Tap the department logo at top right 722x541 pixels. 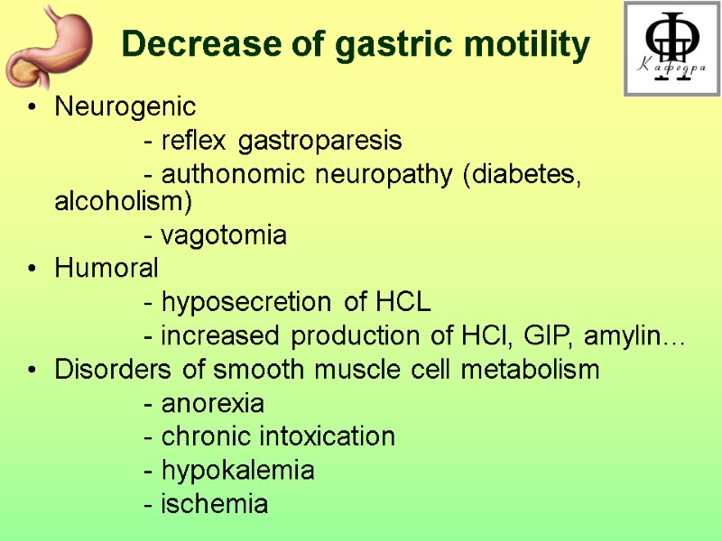coord(671,49)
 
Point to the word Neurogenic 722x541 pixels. coord(125,107)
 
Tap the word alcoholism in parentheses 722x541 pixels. coord(121,202)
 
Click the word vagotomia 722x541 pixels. coord(223,237)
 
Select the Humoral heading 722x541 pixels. coord(106,268)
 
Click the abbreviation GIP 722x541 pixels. coord(551,337)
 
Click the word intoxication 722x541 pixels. coord(328,437)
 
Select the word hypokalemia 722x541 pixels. coord(237,471)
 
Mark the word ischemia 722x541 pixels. coord(214,504)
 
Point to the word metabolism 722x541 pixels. coord(532,370)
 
